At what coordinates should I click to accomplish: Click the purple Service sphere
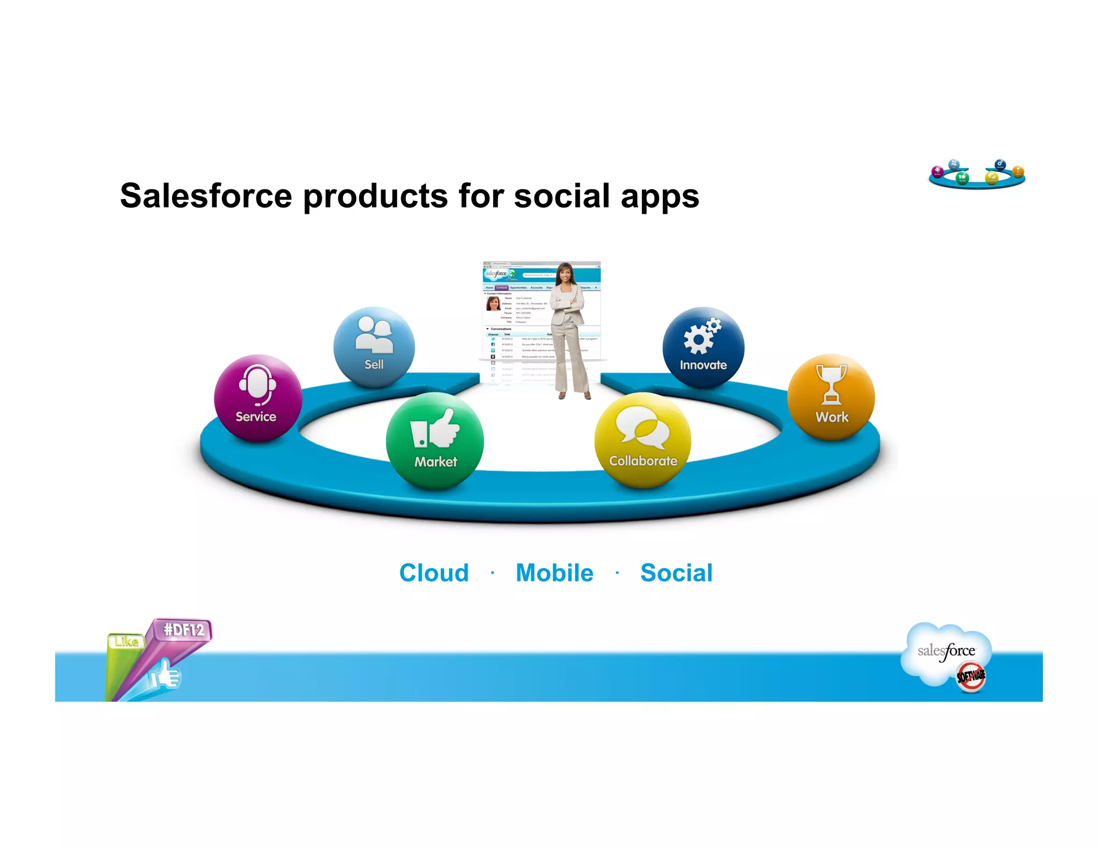tap(258, 398)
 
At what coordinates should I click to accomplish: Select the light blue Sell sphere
tap(374, 347)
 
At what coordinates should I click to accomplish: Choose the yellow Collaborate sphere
tap(642, 440)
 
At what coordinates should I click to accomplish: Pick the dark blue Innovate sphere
tap(703, 347)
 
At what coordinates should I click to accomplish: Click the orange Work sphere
tap(830, 397)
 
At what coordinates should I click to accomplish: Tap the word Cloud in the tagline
tap(434, 572)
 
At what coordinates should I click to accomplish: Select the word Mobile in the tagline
tap(554, 572)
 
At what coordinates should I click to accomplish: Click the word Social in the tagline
tap(676, 572)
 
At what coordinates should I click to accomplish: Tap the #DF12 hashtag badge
tap(183, 629)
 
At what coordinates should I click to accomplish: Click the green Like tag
tap(126, 642)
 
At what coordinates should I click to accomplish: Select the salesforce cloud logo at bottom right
tap(946, 651)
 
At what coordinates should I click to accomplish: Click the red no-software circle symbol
tap(971, 677)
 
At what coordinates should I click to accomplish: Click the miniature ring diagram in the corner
tap(977, 174)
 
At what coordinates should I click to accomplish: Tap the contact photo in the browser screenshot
tap(493, 304)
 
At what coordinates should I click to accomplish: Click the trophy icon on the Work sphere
tap(831, 384)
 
